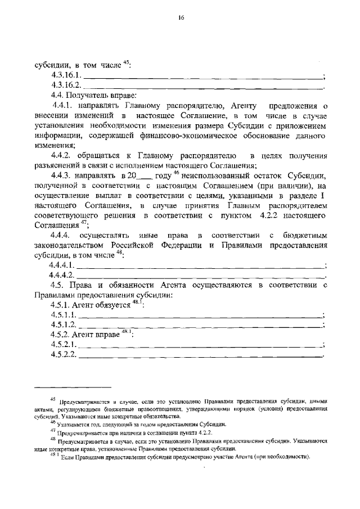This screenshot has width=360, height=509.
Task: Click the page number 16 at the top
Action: (x=181, y=18)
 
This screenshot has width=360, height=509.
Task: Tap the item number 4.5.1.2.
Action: (x=63, y=326)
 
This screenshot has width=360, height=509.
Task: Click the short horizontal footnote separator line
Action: (x=73, y=388)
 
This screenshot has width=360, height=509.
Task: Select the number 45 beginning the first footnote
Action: (x=53, y=399)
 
